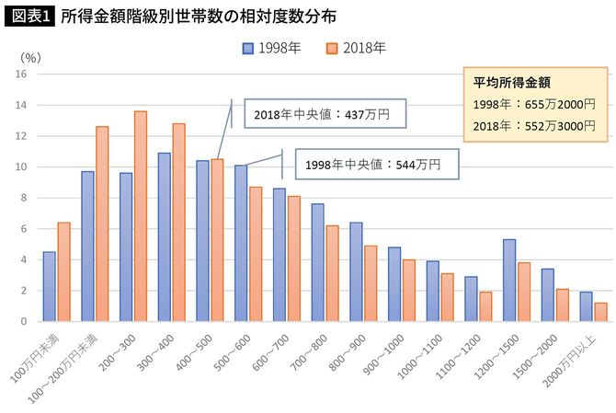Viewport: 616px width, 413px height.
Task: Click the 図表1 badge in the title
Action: click(x=29, y=16)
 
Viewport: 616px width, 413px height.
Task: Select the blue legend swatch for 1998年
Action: click(x=248, y=48)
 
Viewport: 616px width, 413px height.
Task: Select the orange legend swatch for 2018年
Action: click(x=333, y=48)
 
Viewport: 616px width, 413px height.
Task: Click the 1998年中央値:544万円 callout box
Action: click(x=377, y=166)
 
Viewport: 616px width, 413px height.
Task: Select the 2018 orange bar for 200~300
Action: click(x=141, y=216)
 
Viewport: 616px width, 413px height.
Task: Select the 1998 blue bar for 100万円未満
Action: click(x=50, y=286)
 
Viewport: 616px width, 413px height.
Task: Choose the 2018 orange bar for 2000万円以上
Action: click(x=601, y=312)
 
